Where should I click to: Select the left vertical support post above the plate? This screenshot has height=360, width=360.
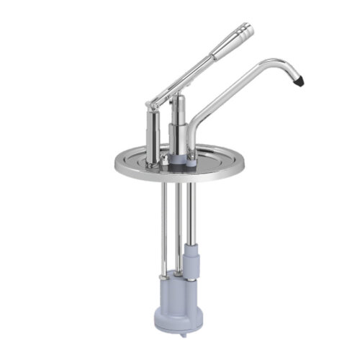pyautogui.click(x=152, y=134)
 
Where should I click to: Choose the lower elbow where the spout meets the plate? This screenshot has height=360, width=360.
pyautogui.click(x=193, y=138)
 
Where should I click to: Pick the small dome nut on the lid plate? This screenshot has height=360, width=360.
pyautogui.click(x=165, y=157)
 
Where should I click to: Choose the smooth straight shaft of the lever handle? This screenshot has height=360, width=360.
pyautogui.click(x=194, y=72)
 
